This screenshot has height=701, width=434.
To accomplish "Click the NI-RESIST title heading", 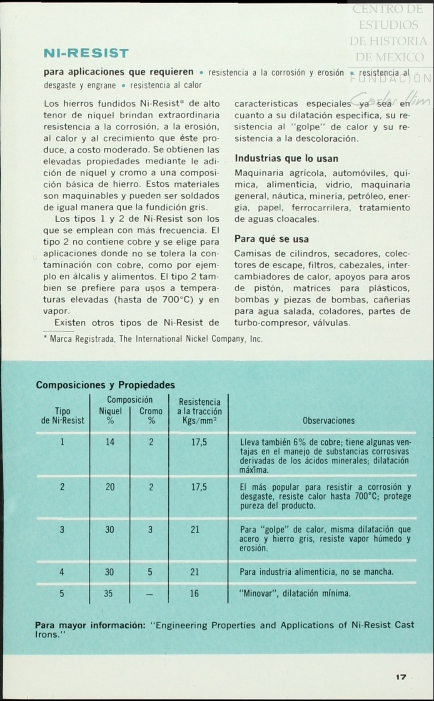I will pos(86,53).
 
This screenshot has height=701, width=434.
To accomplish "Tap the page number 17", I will pos(401,677).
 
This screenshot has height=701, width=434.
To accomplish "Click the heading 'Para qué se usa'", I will pos(272,239).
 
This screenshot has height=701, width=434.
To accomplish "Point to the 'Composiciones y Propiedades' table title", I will pos(105,385).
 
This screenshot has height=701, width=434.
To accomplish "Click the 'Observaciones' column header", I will pos(329,421).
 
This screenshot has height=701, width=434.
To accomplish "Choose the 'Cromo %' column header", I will pos(151,416).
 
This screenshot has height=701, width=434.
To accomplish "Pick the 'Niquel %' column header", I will pos(110,416).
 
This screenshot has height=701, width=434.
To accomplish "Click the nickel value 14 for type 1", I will pos(110,442).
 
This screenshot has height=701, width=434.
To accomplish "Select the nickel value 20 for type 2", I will pos(110,487).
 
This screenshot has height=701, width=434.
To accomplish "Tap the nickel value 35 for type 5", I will pos(108,593).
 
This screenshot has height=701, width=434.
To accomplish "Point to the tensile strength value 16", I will pos(195,593).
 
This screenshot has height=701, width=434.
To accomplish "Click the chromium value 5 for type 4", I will pos(150,572).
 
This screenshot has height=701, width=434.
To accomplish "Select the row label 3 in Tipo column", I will pos(62,530).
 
